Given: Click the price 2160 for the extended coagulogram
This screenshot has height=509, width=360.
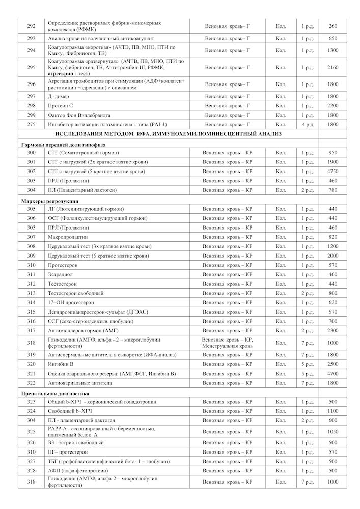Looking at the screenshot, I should (333, 67).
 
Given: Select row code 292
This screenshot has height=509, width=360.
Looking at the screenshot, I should (31, 26).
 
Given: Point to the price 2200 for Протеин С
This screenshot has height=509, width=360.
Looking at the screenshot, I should (333, 105).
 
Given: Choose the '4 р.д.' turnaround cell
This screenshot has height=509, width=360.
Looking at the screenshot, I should (307, 124).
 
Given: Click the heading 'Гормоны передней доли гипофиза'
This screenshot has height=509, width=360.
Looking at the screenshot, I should (62, 144).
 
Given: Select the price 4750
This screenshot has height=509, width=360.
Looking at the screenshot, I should (333, 171).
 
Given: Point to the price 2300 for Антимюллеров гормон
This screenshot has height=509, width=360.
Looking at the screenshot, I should (333, 330).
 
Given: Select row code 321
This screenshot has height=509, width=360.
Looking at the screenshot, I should (31, 374).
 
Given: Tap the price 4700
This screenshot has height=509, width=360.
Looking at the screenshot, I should (333, 374).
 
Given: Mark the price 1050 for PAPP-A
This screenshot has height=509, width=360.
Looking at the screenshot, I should (333, 432).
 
